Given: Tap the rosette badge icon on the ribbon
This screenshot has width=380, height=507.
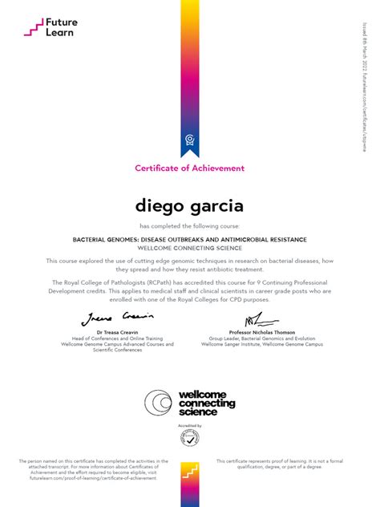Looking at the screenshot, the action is [x=189, y=140].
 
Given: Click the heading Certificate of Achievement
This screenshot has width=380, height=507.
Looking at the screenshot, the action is [x=189, y=168].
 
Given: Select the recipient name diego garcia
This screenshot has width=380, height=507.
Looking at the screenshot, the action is [x=189, y=205].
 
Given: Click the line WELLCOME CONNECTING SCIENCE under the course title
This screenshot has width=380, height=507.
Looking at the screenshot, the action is [x=190, y=248].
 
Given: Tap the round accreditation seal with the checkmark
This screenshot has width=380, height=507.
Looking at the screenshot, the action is [x=190, y=439].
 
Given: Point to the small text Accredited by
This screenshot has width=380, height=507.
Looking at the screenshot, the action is [x=190, y=426].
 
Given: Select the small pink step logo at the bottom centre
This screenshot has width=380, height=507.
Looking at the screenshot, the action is [x=189, y=473].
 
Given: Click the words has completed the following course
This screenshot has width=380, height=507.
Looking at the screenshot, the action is [x=190, y=226].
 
